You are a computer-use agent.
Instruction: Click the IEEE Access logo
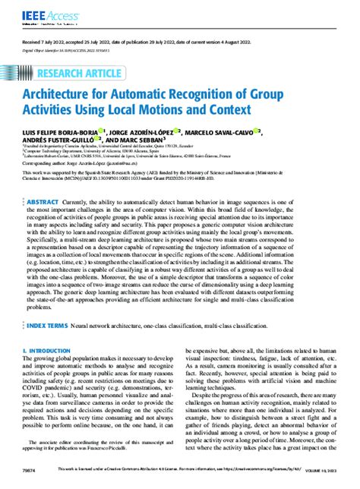(x=38, y=13)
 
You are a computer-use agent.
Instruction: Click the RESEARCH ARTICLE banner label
(x=91, y=73)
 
